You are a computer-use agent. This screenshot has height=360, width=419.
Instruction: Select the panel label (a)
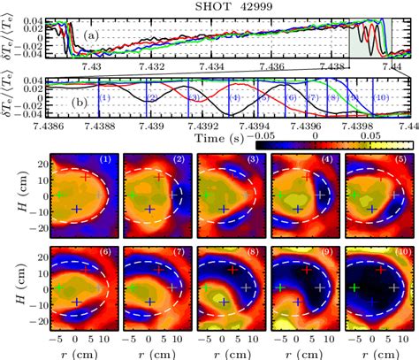tap(91, 35)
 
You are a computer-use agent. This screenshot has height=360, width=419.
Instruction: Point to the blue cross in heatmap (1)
tap(77, 209)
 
